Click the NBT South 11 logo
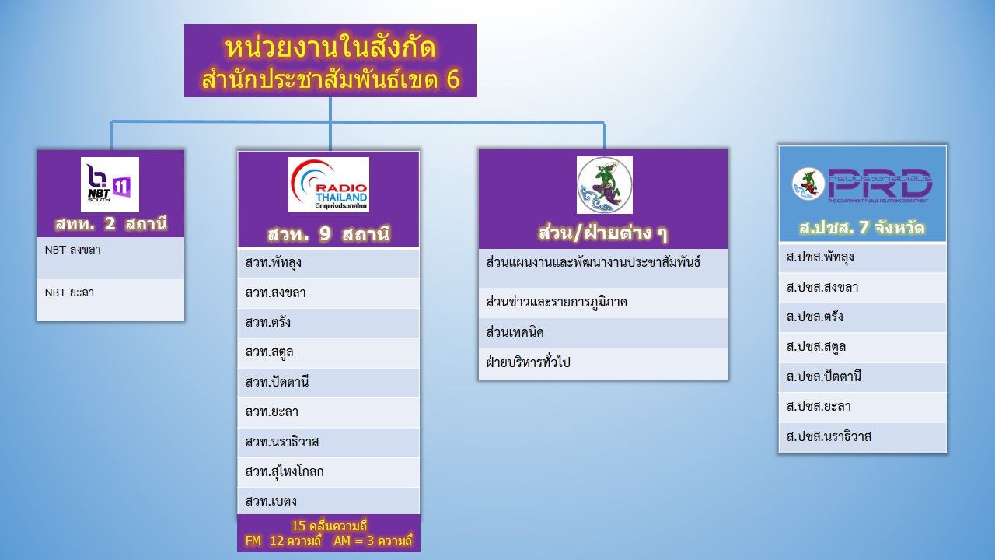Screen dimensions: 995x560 110,184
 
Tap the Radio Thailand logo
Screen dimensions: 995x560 329,184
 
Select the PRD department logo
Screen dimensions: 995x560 862,184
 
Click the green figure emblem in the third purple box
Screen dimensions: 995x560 605,185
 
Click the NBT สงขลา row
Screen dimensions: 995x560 110,257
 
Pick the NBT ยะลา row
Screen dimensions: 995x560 110,300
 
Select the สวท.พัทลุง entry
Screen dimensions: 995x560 329,263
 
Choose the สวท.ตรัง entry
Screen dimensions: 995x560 329,323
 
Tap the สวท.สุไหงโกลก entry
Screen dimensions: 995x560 329,472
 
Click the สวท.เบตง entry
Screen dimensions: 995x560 329,502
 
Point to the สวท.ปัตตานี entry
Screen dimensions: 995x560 329,383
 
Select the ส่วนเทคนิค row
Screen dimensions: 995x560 602,333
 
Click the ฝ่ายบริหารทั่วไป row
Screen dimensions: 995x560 602,363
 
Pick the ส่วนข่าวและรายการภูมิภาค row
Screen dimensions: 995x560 602,303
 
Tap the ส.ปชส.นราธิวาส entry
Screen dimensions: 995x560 863,437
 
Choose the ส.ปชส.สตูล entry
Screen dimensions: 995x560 863,347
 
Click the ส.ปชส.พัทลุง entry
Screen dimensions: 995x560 863,257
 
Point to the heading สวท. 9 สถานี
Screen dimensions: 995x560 329,234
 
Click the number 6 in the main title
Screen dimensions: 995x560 452,79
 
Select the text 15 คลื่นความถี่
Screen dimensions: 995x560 329,527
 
